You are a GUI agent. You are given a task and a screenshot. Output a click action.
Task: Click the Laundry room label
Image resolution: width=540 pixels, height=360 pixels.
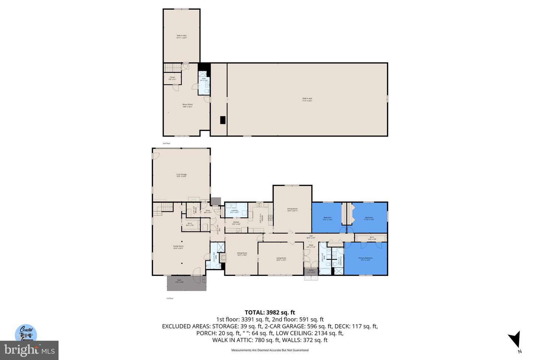[235, 211]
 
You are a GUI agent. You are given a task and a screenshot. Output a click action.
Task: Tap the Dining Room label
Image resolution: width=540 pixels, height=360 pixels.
[292, 210]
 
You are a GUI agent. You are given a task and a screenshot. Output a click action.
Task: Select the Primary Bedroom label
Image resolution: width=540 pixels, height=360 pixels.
[365, 259]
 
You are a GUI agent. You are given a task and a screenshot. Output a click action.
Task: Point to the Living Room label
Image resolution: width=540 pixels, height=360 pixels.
[281, 259]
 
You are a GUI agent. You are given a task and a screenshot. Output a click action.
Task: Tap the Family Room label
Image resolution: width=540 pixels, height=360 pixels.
[178, 247]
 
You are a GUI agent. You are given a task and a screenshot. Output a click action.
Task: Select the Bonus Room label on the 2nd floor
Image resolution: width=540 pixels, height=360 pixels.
[187, 105]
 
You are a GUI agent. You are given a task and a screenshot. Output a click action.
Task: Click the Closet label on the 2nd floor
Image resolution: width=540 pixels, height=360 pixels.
[172, 78]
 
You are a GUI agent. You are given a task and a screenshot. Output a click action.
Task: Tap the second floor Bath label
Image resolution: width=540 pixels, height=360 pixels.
[204, 79]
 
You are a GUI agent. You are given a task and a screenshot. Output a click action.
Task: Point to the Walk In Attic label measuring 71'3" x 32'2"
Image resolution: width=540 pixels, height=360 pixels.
[307, 99]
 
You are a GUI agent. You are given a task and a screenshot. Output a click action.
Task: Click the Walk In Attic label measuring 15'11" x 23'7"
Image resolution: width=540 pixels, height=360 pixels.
[181, 37]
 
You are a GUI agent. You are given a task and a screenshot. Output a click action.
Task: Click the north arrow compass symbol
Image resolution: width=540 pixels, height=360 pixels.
[516, 339]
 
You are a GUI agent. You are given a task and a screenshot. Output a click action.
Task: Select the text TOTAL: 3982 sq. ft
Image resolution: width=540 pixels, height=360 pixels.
[270, 312]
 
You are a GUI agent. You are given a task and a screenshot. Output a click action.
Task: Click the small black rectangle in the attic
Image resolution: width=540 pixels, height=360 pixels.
[223, 120]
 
